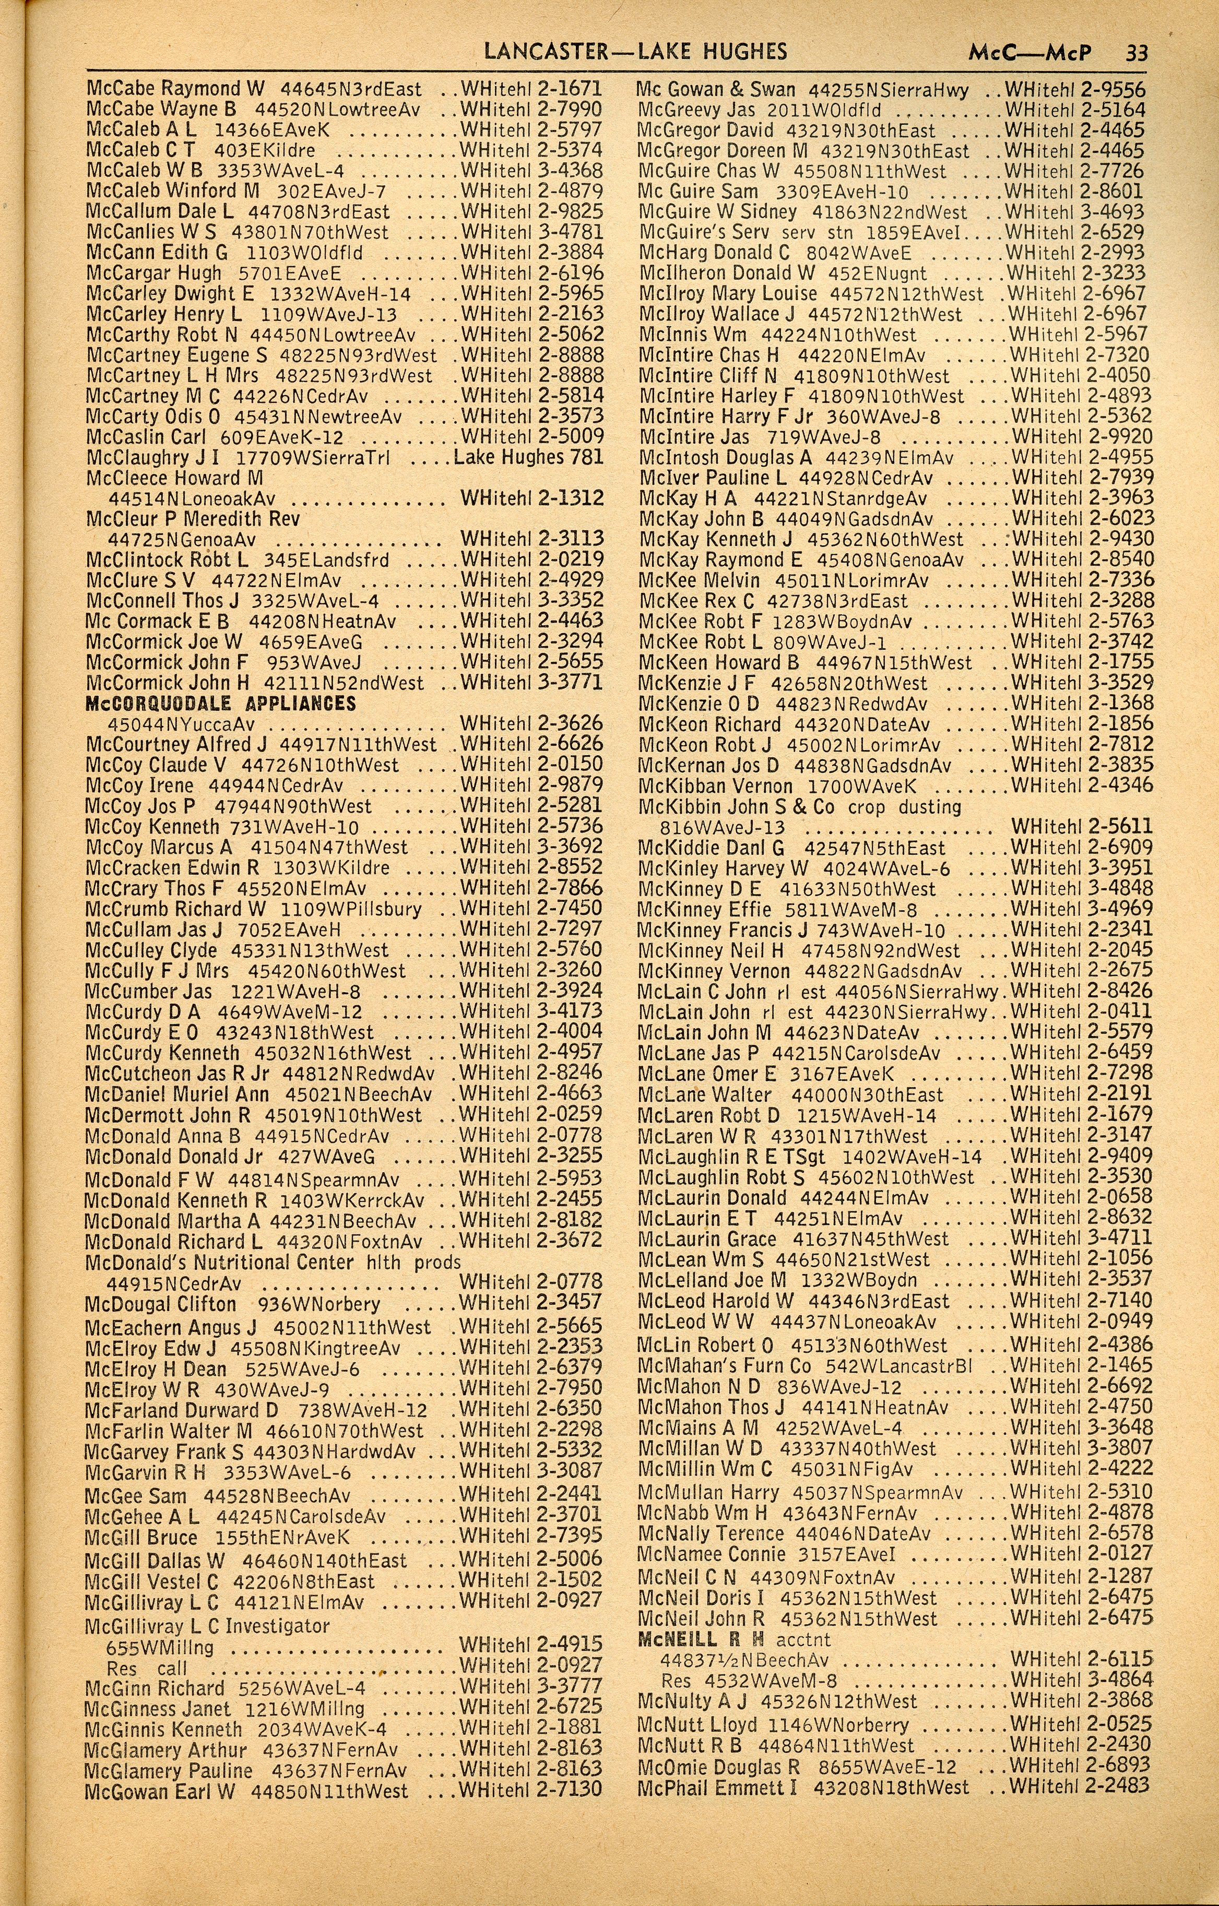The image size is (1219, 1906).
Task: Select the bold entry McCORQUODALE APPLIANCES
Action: tap(221, 704)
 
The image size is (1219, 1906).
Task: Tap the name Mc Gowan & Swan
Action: tap(716, 89)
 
